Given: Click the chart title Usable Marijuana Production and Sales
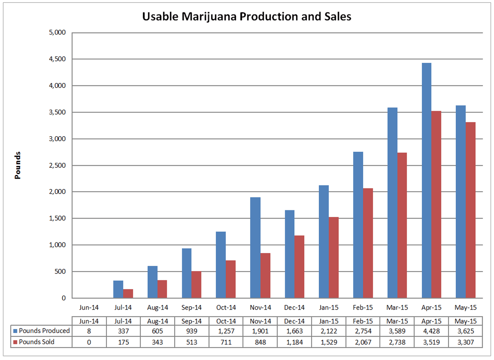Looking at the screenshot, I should coord(247,16).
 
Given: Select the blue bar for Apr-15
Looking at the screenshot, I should coord(426,180).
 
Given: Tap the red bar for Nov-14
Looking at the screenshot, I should coord(265,275).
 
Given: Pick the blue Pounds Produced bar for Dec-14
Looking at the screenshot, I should coord(290,254).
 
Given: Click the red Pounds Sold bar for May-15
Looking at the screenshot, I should coord(470,210).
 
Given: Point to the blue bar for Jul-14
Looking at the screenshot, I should coord(118,289).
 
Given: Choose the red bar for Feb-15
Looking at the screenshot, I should coord(368,243).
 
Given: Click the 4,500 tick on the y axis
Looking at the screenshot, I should coord(57,59).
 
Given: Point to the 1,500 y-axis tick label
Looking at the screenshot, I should coord(57,218).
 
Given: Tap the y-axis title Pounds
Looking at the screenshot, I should coord(17,165).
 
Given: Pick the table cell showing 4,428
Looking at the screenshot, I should coord(431,331).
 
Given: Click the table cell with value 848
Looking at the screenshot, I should coord(260,342).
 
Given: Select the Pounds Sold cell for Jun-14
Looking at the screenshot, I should coord(89,342).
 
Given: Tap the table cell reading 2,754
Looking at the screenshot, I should coord(363,331).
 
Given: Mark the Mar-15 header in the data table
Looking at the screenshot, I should coord(397,321).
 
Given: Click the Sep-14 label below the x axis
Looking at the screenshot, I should coord(191,308).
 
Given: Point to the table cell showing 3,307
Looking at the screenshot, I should coord(465,342).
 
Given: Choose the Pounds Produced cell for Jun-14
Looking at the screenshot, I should coord(89,331).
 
